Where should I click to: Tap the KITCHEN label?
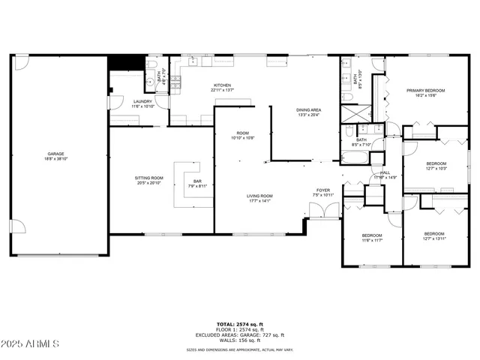tap(223, 85)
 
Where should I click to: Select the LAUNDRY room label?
tap(142, 101)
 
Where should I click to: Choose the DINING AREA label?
tap(309, 110)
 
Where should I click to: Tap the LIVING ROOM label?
tap(260, 196)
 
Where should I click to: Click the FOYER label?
tap(322, 190)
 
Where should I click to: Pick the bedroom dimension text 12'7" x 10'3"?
tap(436, 169)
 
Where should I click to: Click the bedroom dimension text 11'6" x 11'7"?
tap(373, 240)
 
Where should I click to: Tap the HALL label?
tap(385, 172)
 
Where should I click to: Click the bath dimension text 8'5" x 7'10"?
tap(361, 145)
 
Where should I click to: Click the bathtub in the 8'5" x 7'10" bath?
tap(355, 159)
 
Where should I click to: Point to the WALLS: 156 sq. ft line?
tap(240, 340)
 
